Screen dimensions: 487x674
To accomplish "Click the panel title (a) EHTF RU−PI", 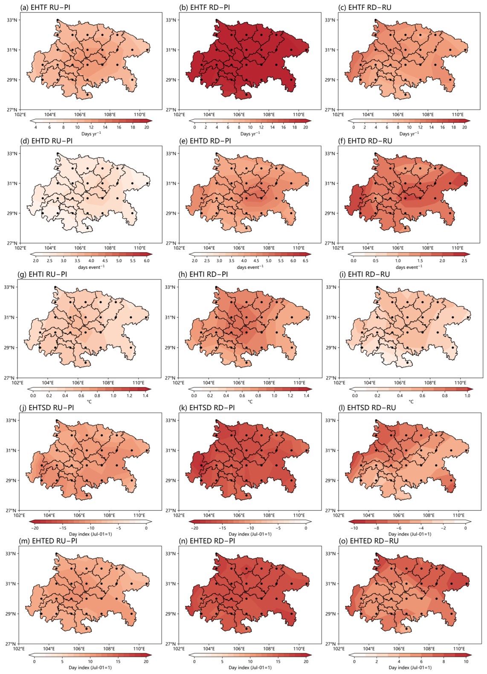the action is tap(45, 7).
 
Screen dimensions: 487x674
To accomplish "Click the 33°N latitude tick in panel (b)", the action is tap(171, 20).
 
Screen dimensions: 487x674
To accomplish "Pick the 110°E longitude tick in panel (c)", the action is tap(458, 115).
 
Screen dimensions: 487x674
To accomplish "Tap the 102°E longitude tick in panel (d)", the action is tap(20, 248).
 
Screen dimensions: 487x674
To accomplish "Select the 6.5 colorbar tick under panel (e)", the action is tap(305, 261).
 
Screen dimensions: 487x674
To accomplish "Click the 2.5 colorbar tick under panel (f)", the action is tap(464, 261).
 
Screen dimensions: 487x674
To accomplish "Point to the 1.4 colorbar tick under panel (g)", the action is tap(145, 396).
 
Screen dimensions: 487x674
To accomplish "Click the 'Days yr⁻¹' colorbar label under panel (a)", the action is tap(91, 134).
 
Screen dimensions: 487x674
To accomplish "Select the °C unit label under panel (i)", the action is tap(411, 402).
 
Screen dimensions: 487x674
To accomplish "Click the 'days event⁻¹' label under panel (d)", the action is tap(91, 267).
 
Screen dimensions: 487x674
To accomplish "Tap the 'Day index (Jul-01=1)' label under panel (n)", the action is tap(250, 668).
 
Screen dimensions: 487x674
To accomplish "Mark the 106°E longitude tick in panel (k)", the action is tap(239, 516).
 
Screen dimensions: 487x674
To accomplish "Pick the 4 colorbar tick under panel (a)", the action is tap(35, 127).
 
